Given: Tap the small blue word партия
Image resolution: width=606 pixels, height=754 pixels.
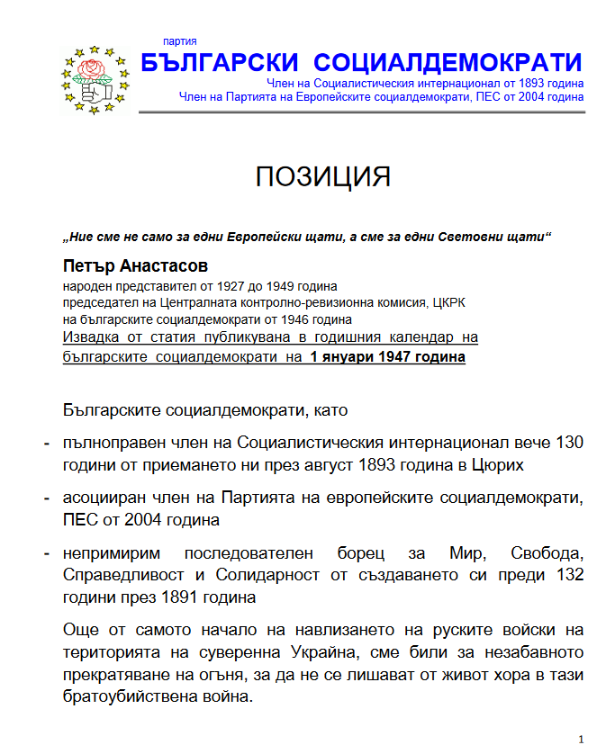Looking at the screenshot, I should [179, 41].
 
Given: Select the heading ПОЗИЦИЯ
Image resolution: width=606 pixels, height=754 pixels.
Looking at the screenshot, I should [322, 176].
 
